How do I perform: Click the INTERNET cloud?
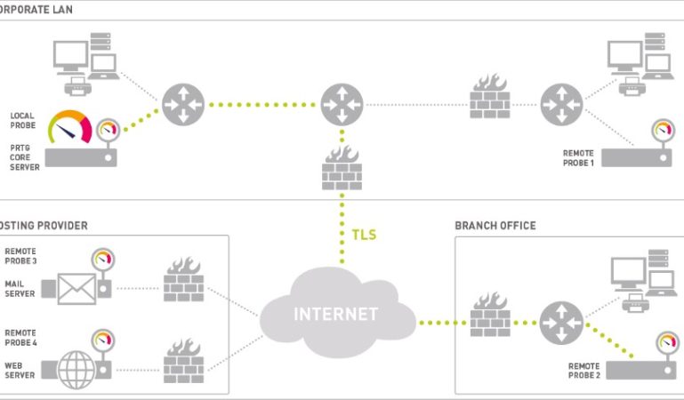[x=337, y=313]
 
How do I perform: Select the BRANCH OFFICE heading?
[x=495, y=226]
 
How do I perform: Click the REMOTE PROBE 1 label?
[x=578, y=158]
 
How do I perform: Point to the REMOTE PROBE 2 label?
[x=583, y=371]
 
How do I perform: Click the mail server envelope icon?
[x=76, y=289]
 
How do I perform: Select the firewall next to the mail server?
[x=183, y=282]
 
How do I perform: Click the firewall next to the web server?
[x=183, y=360]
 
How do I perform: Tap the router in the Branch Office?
[x=561, y=322]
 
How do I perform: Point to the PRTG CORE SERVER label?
[x=25, y=156]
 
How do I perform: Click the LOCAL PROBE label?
[x=23, y=120]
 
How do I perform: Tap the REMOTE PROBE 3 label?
[x=21, y=256]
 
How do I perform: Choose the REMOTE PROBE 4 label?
[x=21, y=337]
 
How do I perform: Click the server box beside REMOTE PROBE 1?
[x=635, y=158]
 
